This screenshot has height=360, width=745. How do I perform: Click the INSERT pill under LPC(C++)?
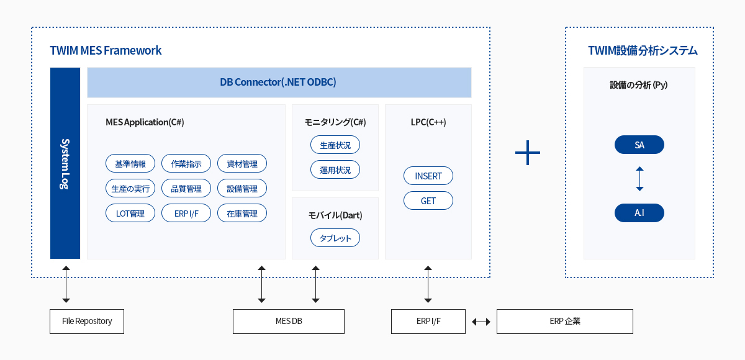pos(428,176)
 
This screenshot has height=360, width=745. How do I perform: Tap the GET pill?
pos(428,200)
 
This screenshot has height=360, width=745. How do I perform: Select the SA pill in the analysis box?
pos(639,145)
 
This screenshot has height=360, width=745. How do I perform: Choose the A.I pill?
pos(639,213)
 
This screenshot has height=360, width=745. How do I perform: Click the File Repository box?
pos(87,322)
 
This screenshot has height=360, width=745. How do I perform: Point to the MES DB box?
pos(289,322)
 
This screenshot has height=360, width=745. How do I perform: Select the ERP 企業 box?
pos(565,322)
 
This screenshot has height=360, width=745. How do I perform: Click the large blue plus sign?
pos(528,153)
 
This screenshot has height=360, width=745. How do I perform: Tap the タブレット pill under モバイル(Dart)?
pos(335,238)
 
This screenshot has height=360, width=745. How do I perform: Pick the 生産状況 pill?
pos(335,145)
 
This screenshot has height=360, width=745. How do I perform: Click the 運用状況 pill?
pos(335,169)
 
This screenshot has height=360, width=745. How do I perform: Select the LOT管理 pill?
pos(130,213)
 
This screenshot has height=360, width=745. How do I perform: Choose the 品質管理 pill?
pos(186,188)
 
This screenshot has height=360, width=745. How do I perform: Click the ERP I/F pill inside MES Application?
pos(186,213)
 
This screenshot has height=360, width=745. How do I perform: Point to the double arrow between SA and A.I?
pos(639,179)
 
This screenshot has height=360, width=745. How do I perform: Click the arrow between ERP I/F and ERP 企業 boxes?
pos(481,322)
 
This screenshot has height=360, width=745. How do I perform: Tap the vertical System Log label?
pos(65,163)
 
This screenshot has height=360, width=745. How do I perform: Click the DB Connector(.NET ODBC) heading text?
pos(278,82)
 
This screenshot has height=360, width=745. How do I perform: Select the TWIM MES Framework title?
pos(106,50)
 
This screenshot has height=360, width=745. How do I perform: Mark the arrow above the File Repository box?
pos(66,284)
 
